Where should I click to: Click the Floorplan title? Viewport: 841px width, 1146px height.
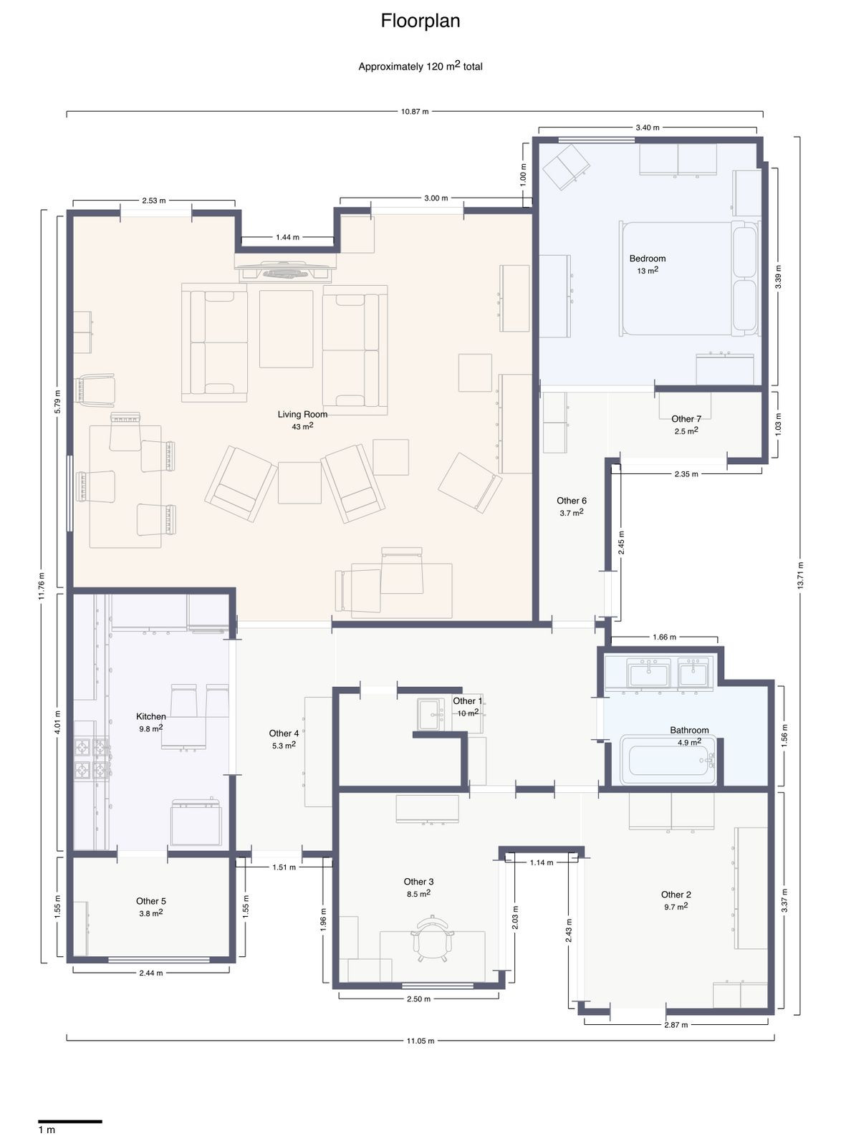(x=420, y=21)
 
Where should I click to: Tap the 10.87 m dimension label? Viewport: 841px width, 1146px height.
(x=415, y=112)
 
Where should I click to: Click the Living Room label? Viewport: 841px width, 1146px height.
(x=302, y=415)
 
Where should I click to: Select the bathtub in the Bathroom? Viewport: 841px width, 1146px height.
(x=668, y=760)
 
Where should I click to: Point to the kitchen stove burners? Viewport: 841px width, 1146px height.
(x=92, y=759)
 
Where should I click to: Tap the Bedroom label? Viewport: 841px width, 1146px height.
(x=647, y=259)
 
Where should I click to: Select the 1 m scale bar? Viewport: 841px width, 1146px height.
(x=69, y=1121)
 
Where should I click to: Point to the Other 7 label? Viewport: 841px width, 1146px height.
(x=686, y=419)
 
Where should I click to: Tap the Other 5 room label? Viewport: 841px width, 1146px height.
(x=151, y=901)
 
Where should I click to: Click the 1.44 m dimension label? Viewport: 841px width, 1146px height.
(x=287, y=237)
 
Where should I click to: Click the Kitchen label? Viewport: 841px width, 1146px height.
(x=151, y=716)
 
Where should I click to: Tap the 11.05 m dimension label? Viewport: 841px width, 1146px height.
(x=420, y=1041)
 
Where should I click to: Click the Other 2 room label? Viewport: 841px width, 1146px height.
(x=676, y=895)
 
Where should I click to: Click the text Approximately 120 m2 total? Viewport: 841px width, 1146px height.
(x=420, y=67)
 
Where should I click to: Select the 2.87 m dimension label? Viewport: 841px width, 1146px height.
(x=676, y=1025)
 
